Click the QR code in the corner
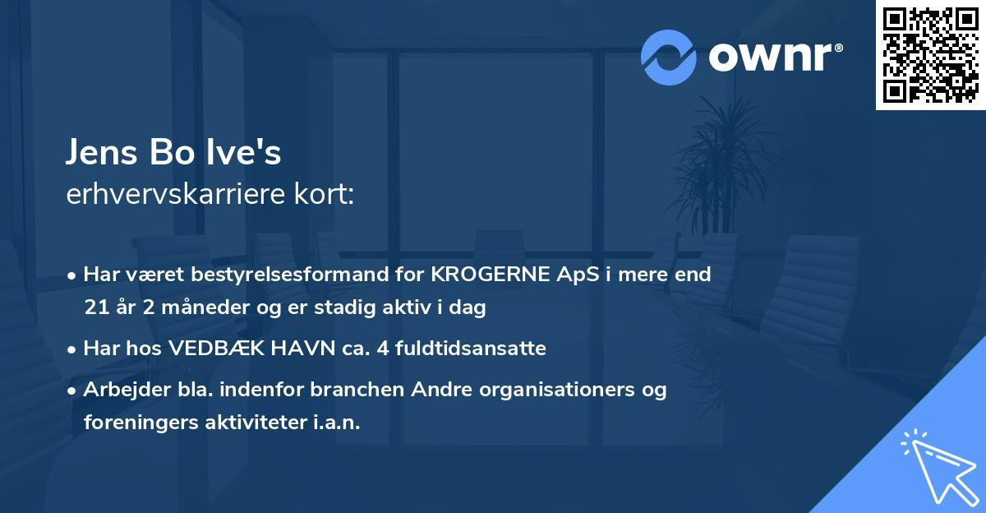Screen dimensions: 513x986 coord(931,55)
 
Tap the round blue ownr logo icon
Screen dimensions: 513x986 coord(669,58)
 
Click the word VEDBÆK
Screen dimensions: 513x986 coord(214,349)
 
